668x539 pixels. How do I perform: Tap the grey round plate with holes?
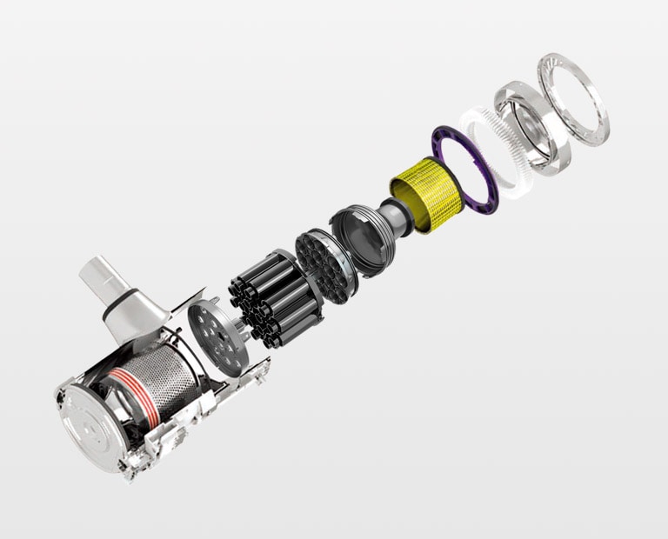212,335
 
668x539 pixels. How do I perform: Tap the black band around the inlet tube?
118,303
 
